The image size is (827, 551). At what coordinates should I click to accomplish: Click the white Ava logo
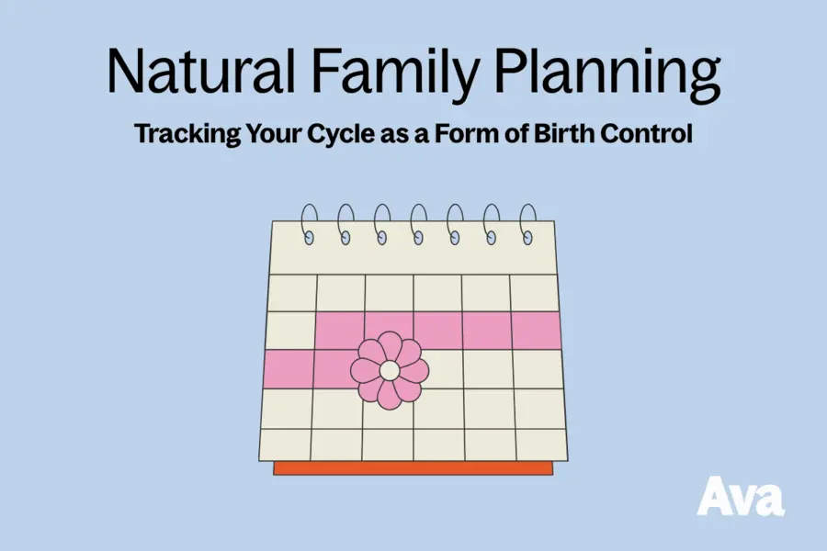(x=740, y=496)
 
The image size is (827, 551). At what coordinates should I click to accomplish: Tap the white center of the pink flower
(x=390, y=370)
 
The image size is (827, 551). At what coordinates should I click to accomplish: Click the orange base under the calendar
(x=413, y=468)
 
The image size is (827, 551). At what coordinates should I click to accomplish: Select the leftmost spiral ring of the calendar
(x=309, y=223)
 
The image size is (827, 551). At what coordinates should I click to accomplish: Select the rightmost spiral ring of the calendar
(x=528, y=223)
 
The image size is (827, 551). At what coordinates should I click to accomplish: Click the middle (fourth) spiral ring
(x=418, y=223)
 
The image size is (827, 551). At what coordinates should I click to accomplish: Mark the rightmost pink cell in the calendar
(x=536, y=331)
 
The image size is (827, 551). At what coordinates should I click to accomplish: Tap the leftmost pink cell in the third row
(x=288, y=369)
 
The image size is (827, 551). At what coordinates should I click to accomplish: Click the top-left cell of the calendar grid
(x=291, y=292)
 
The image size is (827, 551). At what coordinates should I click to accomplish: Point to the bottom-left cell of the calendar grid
(x=286, y=444)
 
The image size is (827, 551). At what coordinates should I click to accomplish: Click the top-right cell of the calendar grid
(x=534, y=292)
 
